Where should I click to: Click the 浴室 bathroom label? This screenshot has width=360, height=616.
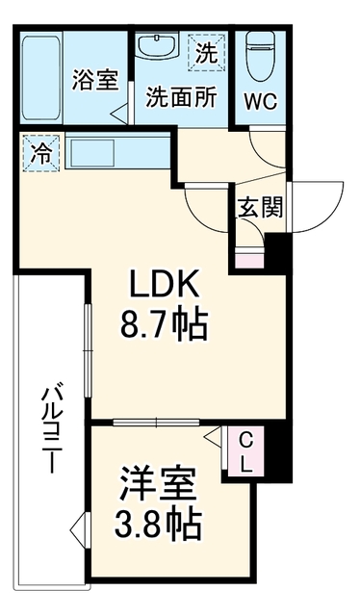coord(95,80)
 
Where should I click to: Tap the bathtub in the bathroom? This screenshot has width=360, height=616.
coord(40,78)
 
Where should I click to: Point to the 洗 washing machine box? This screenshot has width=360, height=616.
coord(207,53)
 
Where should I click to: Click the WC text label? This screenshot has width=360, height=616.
coord(261,102)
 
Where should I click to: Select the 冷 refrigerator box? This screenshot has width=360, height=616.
coord(40,153)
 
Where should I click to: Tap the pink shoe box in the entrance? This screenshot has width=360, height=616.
coord(249,261)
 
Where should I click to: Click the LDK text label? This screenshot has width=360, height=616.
coord(165,285)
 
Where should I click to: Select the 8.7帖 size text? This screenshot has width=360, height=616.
coord(164,324)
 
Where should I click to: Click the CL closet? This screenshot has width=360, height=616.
coord(245,451)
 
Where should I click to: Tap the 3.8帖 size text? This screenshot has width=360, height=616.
coord(158,524)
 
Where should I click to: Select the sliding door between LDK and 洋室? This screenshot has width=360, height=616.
coord(156,423)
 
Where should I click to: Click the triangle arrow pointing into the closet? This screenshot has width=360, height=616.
coord(215,436)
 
